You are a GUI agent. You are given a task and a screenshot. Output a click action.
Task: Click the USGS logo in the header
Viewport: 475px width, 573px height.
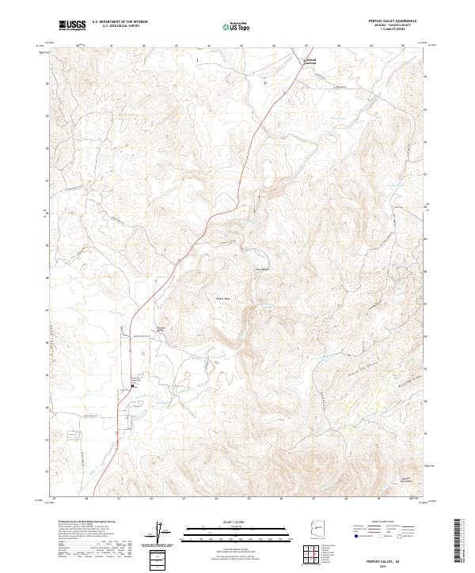click(73, 26)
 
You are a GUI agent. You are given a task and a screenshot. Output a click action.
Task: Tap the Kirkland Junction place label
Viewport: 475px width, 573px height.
click(315, 61)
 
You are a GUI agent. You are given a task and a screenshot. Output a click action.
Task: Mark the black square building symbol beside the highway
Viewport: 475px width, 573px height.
click(132, 386)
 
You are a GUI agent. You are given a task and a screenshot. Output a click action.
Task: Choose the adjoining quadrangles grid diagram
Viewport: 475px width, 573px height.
click(316, 556)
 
